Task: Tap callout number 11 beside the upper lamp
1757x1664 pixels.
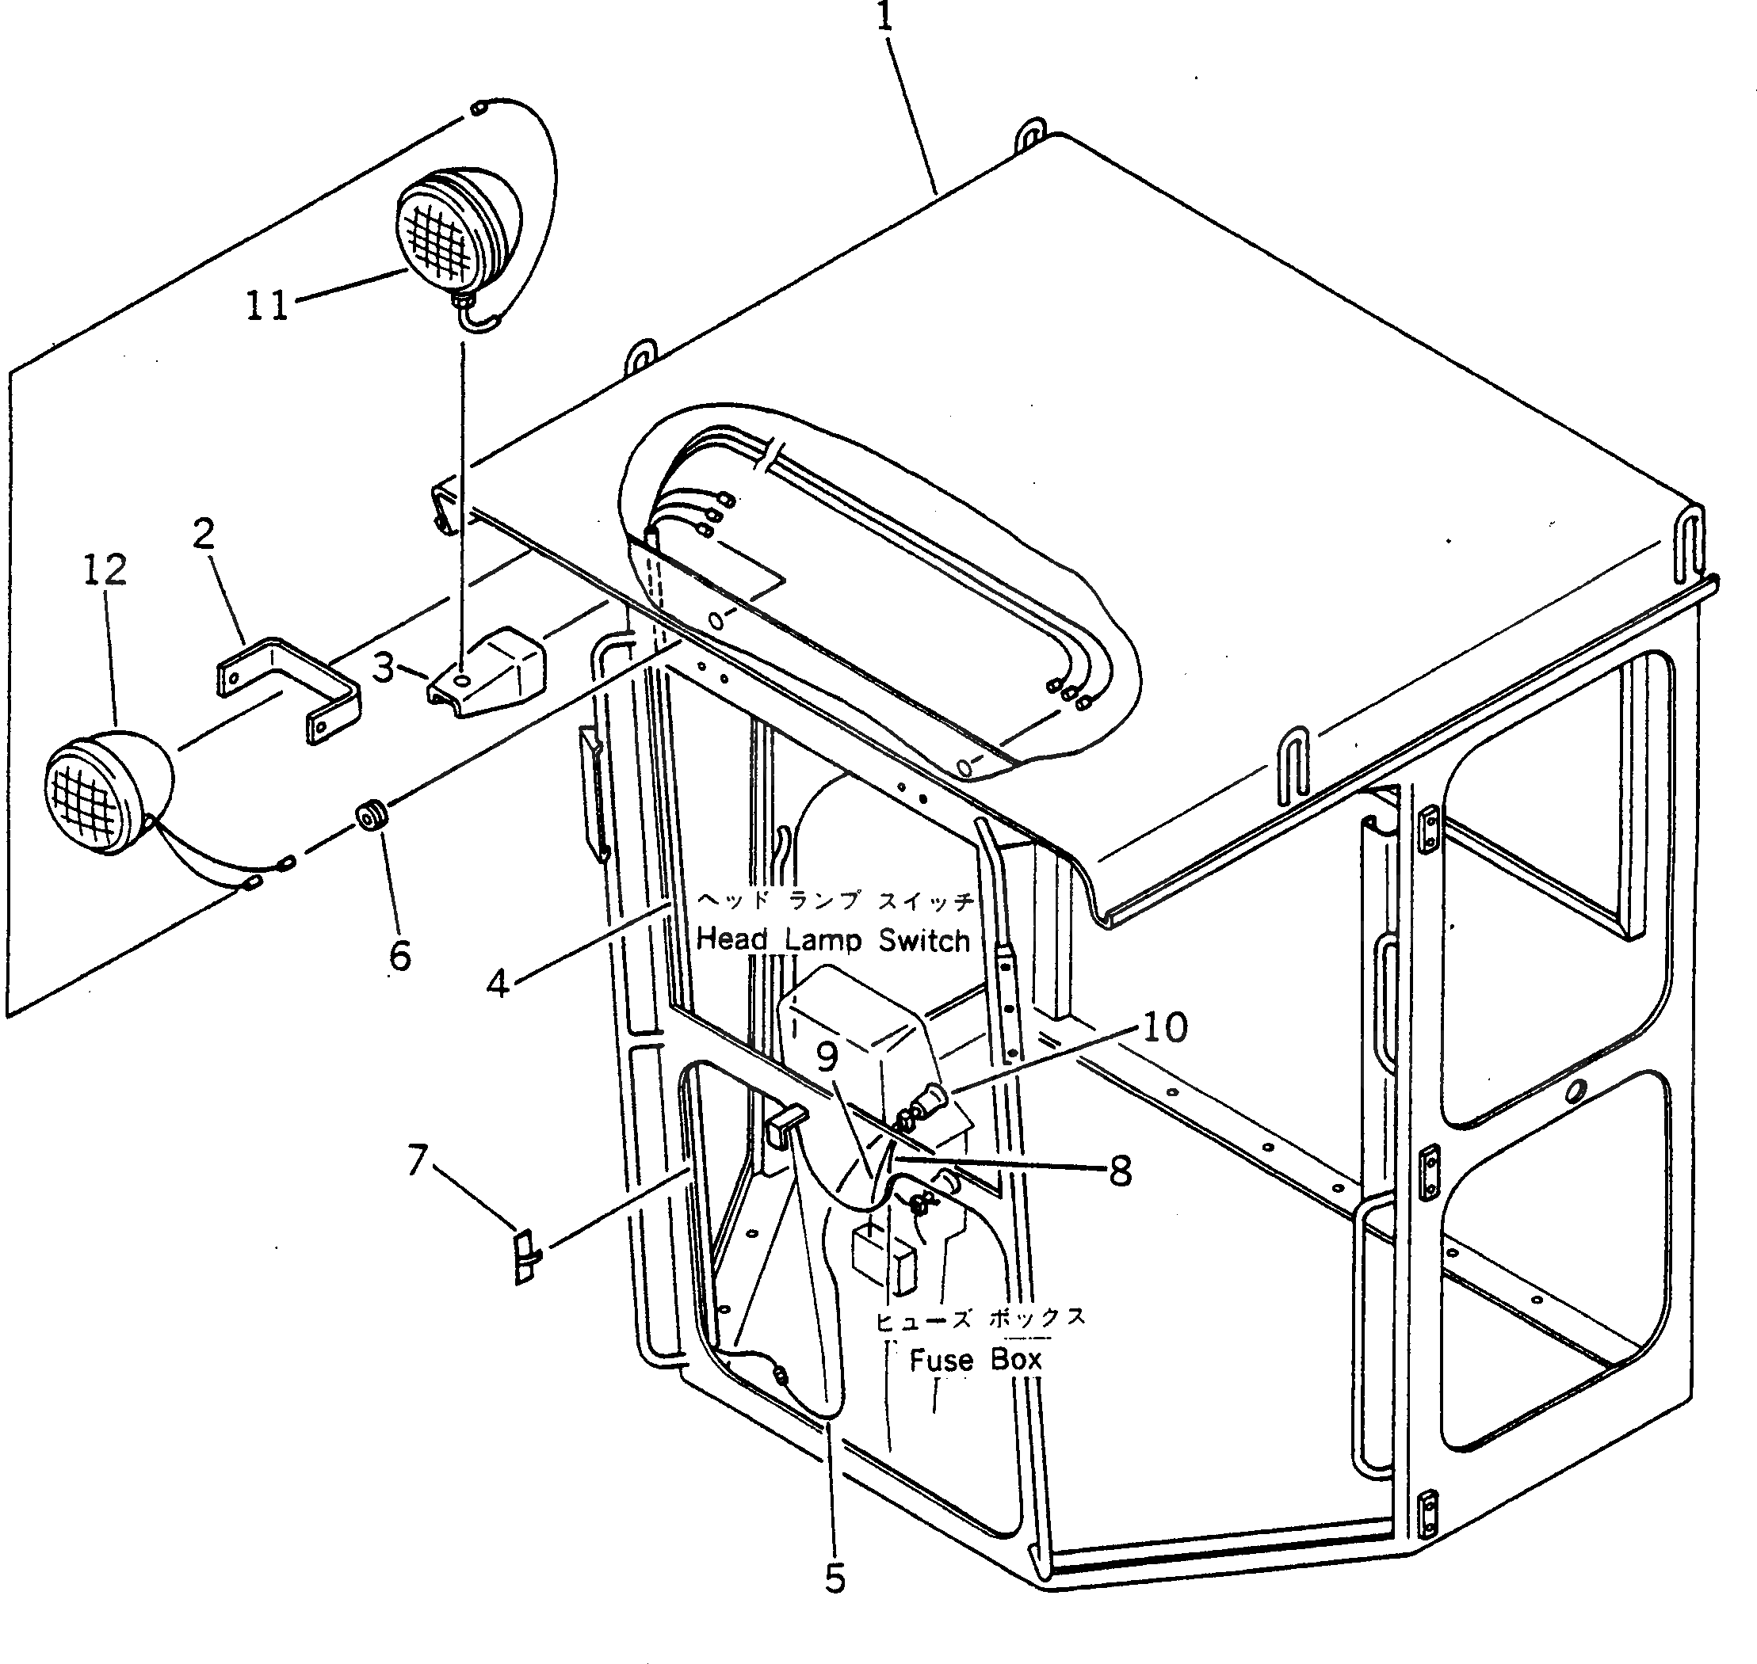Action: (x=267, y=306)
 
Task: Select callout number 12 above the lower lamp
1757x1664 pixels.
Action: (x=105, y=570)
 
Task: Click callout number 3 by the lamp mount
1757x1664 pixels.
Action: (x=384, y=668)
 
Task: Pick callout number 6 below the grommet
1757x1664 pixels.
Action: (x=399, y=955)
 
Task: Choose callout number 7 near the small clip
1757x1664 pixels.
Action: (x=418, y=1159)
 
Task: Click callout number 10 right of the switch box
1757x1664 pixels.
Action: (x=1165, y=1027)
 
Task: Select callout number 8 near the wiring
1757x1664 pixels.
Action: (x=1121, y=1171)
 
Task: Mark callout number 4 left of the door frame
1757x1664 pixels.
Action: (x=498, y=983)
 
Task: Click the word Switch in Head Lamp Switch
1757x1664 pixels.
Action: (x=924, y=940)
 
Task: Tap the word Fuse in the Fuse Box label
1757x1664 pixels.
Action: (x=941, y=1360)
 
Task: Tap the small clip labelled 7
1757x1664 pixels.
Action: (x=526, y=1256)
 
